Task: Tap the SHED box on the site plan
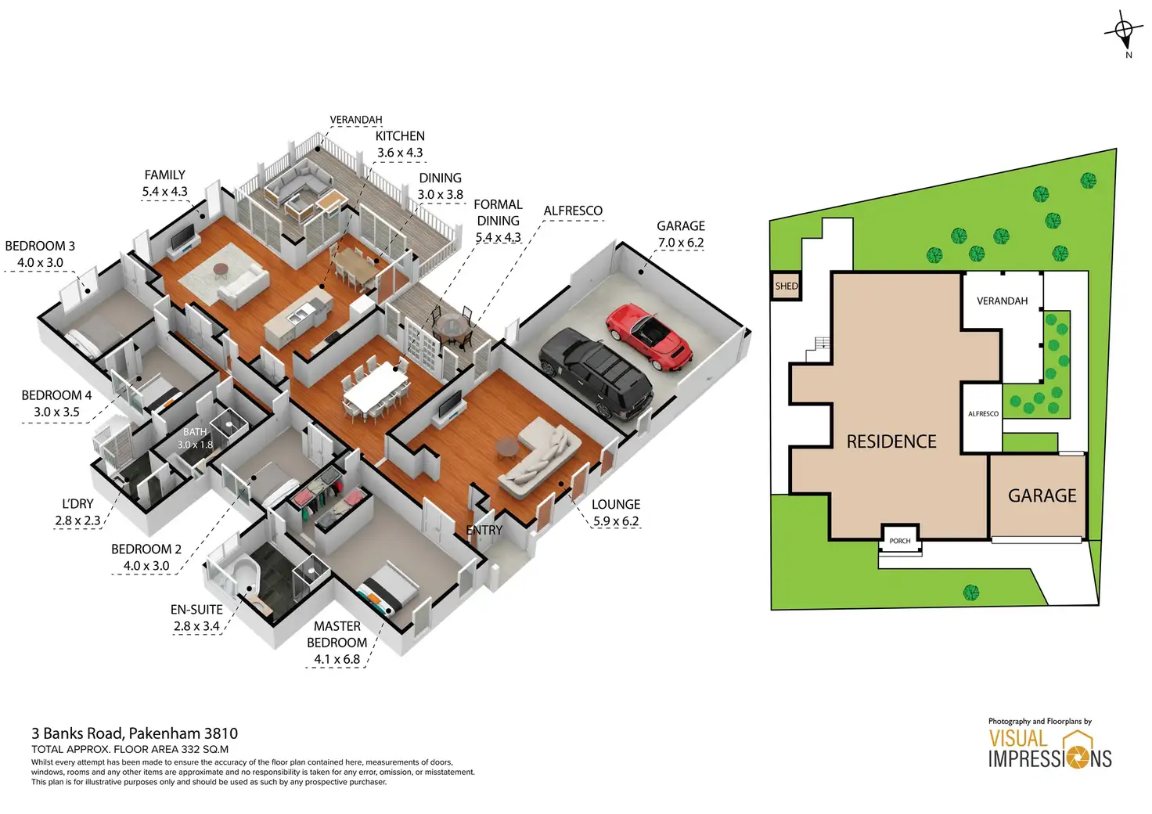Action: [x=787, y=286]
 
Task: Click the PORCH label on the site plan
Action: [x=900, y=541]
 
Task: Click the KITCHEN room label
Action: [x=400, y=136]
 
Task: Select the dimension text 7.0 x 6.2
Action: [x=681, y=243]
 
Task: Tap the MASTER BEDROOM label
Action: [x=337, y=634]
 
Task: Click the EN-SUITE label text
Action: [x=196, y=610]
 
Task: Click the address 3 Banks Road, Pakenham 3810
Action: [x=135, y=733]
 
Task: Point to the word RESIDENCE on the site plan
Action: [x=891, y=441]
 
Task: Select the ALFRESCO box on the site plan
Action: [x=983, y=414]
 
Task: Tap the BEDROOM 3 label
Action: [x=40, y=246]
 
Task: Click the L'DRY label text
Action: [x=77, y=504]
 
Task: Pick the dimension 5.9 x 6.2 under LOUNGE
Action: [x=616, y=521]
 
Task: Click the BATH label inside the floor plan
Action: [x=195, y=432]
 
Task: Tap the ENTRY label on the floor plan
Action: [x=484, y=531]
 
